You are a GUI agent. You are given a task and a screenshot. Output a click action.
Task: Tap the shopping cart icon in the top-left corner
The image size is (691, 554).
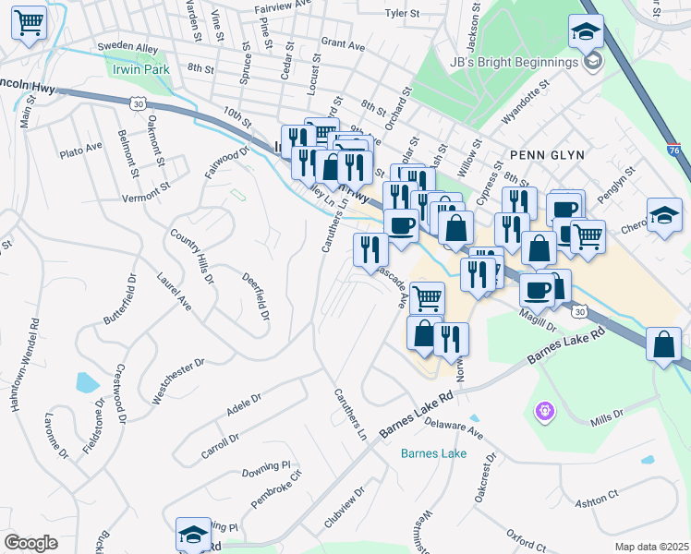pos(29,22)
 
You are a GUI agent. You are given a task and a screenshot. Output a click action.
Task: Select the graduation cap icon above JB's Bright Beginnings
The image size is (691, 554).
pos(585,33)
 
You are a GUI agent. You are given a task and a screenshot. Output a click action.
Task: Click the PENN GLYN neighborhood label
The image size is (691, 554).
pos(546,154)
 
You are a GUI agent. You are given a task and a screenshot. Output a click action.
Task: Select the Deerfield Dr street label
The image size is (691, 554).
pos(256,296)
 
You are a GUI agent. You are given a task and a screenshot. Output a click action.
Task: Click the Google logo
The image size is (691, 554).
pos(30,542)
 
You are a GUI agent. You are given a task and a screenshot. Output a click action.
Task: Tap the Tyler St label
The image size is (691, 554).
pos(402,14)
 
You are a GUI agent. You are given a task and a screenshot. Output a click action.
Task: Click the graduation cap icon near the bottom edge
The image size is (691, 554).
pos(194,534)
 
